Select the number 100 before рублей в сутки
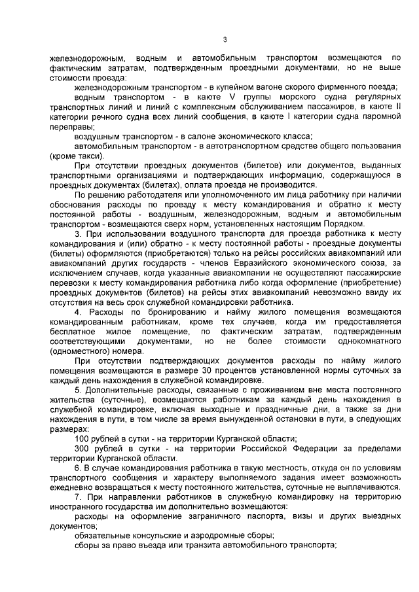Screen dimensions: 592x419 tap(83, 438)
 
